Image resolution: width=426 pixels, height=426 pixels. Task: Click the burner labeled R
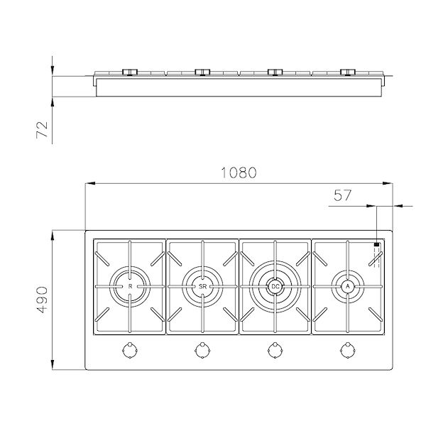130,286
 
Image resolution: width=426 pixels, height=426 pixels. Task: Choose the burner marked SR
202,286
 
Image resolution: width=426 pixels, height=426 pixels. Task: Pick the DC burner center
275,286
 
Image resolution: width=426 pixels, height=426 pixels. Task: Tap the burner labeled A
347,286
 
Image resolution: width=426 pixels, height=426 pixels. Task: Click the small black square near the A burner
377,245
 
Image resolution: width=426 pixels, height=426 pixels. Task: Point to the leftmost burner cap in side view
130,71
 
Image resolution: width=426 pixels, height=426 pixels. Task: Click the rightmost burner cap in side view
347,71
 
